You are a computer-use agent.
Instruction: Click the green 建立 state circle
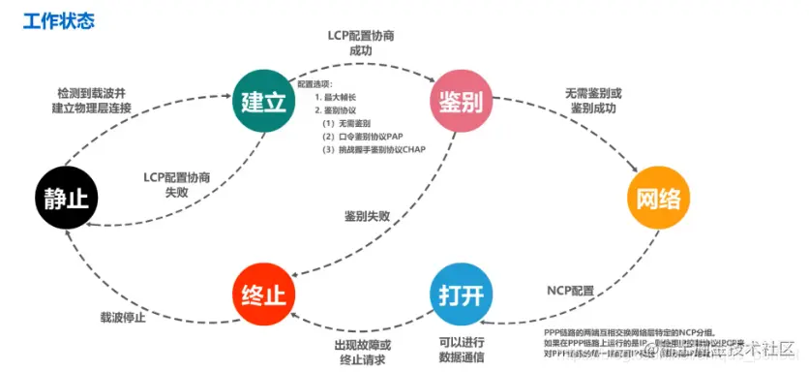(262, 101)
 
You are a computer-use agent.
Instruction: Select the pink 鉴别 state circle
(462, 101)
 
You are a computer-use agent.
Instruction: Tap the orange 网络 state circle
(657, 200)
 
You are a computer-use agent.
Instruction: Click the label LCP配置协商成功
(360, 44)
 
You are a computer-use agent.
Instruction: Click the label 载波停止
(122, 316)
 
